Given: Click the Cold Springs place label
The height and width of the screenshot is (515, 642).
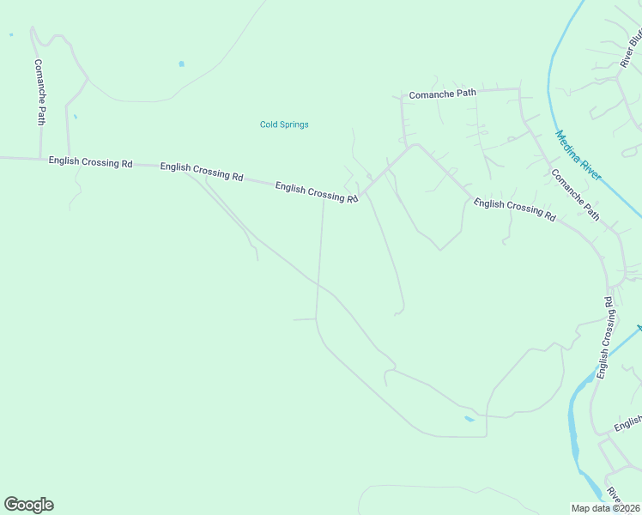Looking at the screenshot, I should coord(284,124).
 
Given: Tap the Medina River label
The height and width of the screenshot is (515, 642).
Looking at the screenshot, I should coord(578,155).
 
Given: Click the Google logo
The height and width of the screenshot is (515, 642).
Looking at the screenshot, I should coord(28,505).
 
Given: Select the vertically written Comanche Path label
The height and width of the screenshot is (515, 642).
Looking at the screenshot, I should coord(39,92).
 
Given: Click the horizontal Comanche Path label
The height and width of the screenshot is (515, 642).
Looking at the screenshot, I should coord(442,94).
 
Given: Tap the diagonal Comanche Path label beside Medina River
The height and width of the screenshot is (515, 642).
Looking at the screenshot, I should coord(575,194).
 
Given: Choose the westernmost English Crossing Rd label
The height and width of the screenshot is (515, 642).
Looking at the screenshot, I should coord(90,161).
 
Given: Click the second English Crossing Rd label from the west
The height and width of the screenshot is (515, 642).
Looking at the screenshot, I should coord(202,172).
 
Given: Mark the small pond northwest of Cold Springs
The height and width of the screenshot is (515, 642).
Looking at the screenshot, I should coord(181,64).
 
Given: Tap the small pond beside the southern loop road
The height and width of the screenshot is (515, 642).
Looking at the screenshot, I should coord(469,419).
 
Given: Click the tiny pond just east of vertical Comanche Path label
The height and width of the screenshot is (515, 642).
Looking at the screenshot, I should coord(75,116).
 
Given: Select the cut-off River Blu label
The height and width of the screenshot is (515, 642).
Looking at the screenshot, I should coord(631,51).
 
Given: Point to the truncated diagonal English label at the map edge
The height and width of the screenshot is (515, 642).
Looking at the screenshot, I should coord(628,424).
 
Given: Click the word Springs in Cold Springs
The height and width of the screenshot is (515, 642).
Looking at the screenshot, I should coord(294,124).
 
